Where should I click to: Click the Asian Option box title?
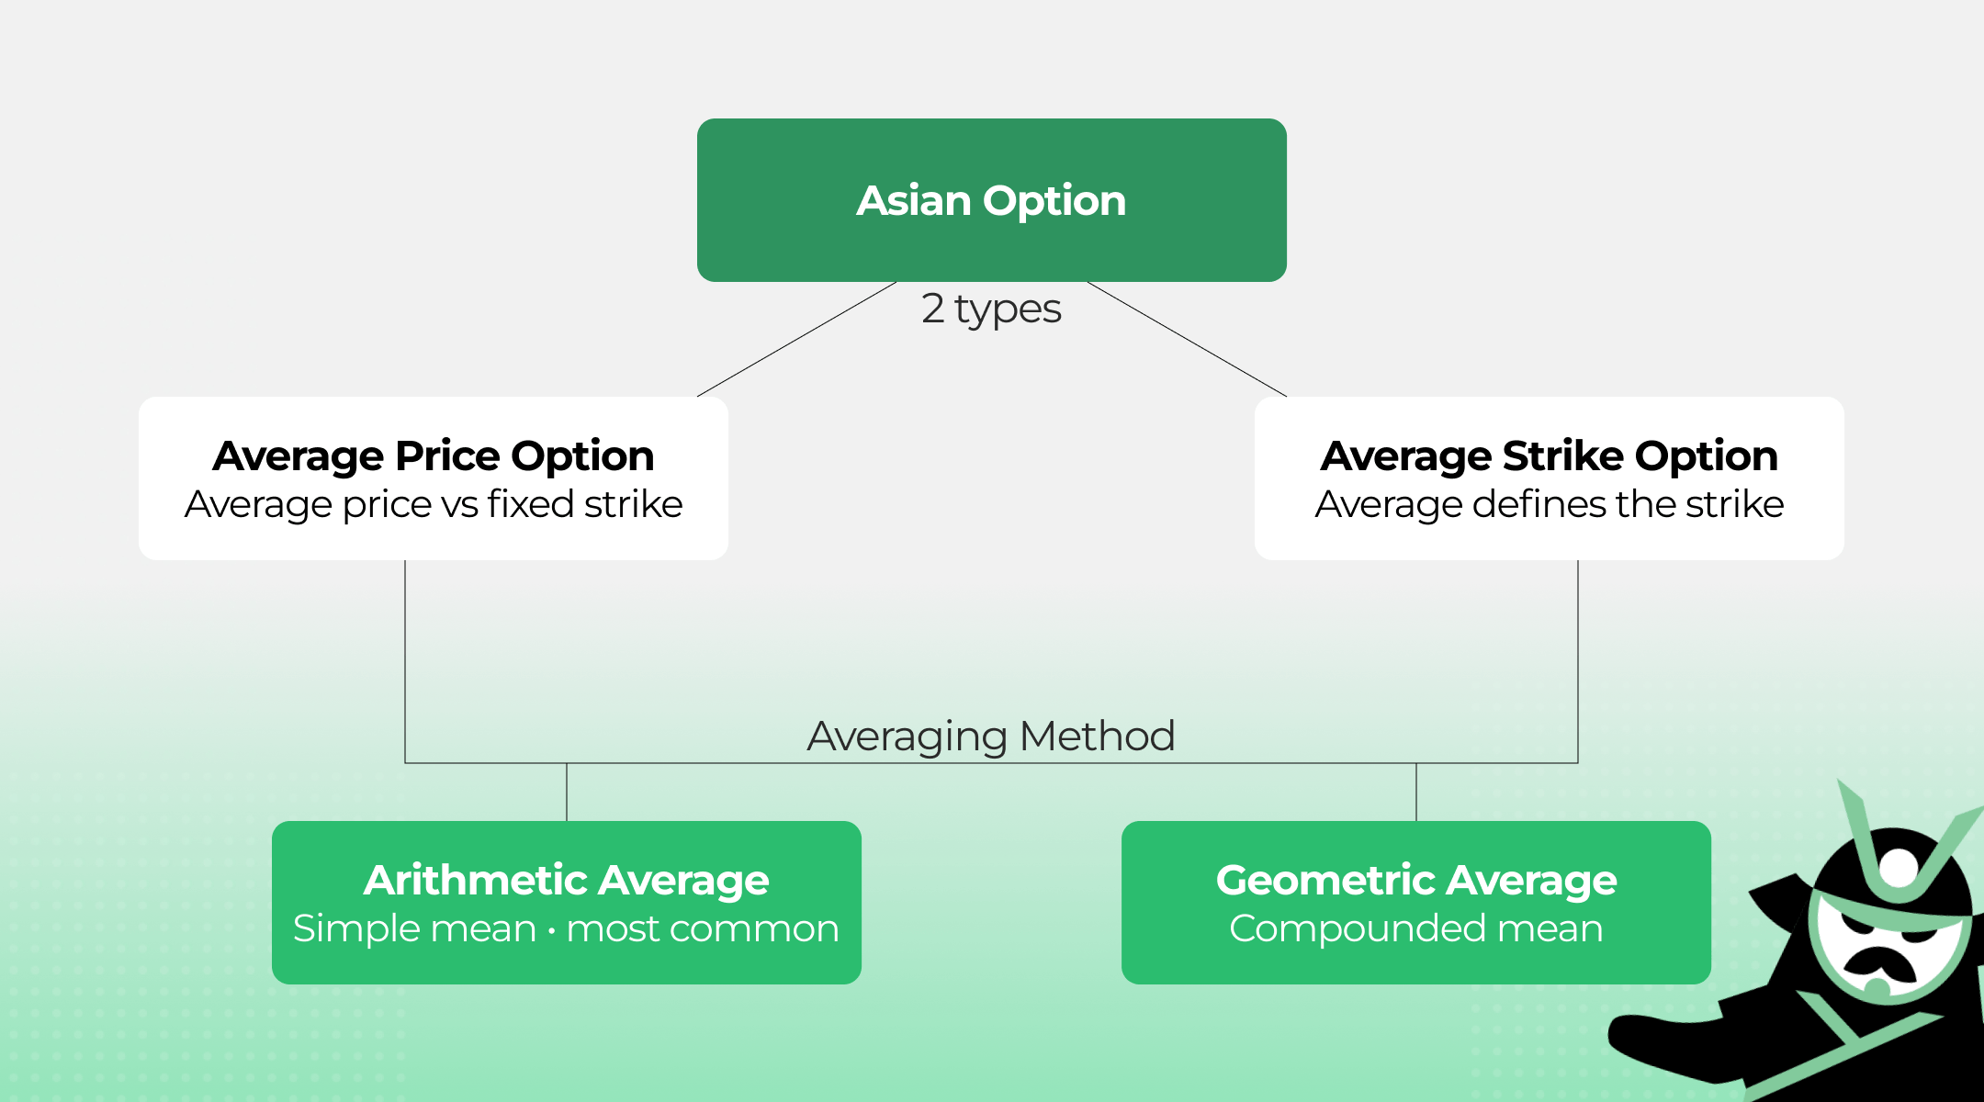tap(991, 200)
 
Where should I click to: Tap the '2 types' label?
tap(991, 309)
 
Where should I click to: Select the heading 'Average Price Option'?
tap(433, 455)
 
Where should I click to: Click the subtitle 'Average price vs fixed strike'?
tap(434, 504)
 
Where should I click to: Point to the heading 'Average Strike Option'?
tap(1549, 455)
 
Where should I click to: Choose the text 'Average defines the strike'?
tap(1549, 504)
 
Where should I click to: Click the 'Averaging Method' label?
tap(991, 736)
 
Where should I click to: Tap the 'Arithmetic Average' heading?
tap(566, 880)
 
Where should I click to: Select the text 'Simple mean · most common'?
tap(566, 928)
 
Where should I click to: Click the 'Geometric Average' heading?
tap(1415, 880)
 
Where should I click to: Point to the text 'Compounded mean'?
tap(1415, 928)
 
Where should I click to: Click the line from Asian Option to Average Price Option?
tap(796, 339)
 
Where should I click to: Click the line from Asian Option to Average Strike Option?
tap(1187, 339)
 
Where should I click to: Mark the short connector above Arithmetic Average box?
tap(567, 792)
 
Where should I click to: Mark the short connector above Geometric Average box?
tap(1416, 792)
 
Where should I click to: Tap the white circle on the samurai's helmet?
tap(1898, 868)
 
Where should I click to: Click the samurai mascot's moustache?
tap(1878, 961)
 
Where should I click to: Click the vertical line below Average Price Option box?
tap(405, 661)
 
